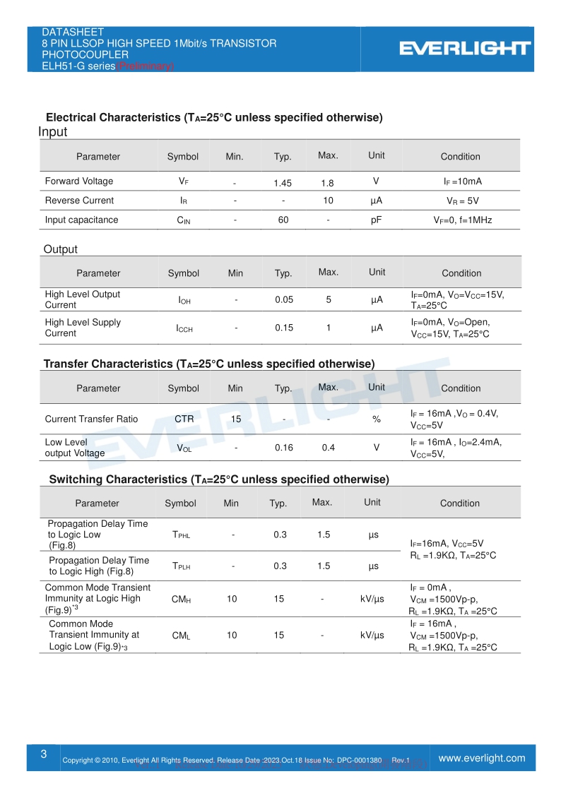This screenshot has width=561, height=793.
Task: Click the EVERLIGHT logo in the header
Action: (x=464, y=48)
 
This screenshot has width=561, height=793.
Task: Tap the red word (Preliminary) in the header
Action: (x=145, y=66)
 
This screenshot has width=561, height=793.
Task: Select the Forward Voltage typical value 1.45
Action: (x=283, y=183)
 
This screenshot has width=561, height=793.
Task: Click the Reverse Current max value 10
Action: (x=328, y=201)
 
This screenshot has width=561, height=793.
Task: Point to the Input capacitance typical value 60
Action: (x=283, y=220)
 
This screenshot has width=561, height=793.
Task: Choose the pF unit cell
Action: (x=377, y=220)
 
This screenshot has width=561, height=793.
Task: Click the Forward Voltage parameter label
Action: (x=79, y=181)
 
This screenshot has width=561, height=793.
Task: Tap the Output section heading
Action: (x=61, y=249)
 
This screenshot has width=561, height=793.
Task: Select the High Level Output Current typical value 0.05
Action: (x=284, y=299)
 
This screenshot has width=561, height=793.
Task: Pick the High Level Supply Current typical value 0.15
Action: (x=284, y=328)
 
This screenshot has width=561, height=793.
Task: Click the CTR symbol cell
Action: (x=184, y=419)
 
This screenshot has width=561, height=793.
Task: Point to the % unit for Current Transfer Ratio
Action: (x=377, y=419)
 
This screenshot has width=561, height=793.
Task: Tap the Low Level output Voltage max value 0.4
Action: (x=329, y=447)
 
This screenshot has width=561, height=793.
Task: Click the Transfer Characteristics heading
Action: (x=209, y=364)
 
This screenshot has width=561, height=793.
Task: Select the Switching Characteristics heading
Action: (x=219, y=479)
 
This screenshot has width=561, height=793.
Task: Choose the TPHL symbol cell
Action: (x=181, y=535)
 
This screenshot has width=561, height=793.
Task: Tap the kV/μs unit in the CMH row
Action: (x=372, y=599)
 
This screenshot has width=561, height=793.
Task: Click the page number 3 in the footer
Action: (x=43, y=754)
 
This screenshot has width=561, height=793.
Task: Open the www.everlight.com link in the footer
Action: (x=482, y=758)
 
